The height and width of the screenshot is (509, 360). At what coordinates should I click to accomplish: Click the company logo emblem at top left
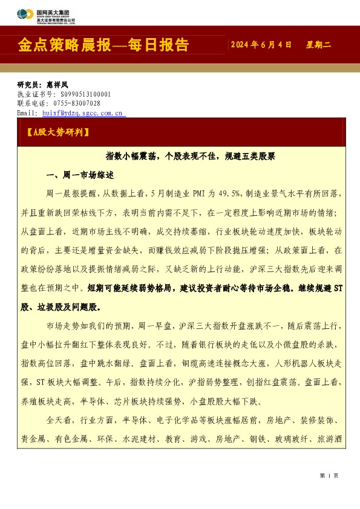(25, 15)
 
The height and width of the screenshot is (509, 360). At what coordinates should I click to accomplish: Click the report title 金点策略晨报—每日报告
(104, 45)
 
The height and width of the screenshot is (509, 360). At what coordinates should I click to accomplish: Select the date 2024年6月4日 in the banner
(261, 45)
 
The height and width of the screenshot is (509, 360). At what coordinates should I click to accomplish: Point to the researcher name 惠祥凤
(59, 85)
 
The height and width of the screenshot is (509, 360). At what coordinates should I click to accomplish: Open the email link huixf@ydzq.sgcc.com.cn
(82, 112)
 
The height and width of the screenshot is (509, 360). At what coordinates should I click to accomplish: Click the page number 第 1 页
(329, 476)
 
